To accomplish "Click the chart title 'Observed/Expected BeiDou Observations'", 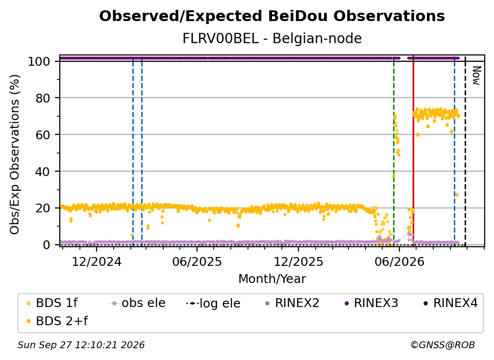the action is (272, 16).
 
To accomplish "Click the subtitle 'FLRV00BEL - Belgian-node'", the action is (272, 38).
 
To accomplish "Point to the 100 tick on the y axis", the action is (39, 61).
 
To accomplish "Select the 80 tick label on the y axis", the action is (43, 98).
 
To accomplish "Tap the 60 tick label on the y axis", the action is (43, 134).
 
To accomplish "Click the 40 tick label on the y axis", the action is (43, 172).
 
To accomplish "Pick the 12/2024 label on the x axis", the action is (97, 261).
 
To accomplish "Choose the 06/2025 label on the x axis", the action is (197, 261).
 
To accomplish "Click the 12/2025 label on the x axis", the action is (298, 261).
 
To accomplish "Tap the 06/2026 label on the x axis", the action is (399, 261).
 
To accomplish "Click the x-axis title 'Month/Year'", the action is (272, 279).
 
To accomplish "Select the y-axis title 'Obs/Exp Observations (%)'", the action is (15, 154).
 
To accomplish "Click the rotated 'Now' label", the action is (476, 76).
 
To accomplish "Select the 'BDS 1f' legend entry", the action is (52, 303).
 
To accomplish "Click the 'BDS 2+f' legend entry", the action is (57, 321).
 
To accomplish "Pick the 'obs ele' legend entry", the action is (137, 303).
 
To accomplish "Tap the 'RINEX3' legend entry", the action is (371, 303).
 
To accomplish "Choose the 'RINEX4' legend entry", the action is (451, 303).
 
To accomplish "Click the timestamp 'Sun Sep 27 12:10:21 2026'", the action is (81, 345).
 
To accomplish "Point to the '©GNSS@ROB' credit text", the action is (443, 345).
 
